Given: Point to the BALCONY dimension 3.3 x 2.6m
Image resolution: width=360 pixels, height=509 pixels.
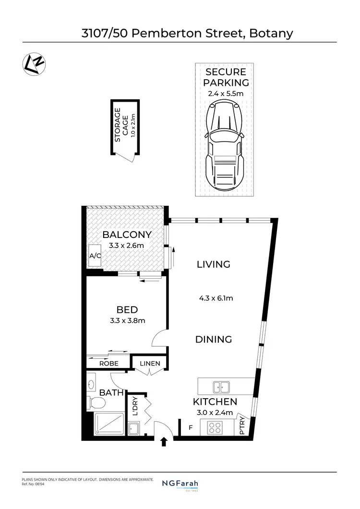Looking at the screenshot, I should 127,246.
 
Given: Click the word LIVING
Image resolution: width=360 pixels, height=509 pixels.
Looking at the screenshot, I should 214,264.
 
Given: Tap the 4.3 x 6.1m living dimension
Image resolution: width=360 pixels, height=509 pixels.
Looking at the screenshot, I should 216,298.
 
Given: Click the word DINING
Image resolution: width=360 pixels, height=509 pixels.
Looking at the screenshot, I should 214,340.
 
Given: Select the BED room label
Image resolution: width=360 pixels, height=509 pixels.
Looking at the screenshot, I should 127,309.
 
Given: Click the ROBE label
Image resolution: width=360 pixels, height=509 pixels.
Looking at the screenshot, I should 109,364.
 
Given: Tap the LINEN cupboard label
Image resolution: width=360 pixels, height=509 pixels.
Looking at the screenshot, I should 150,364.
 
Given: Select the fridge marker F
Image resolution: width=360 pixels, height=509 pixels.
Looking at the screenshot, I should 191,426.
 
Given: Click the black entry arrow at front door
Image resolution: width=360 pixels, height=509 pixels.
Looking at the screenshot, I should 164,442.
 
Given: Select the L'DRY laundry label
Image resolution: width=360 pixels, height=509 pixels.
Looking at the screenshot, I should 135,406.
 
